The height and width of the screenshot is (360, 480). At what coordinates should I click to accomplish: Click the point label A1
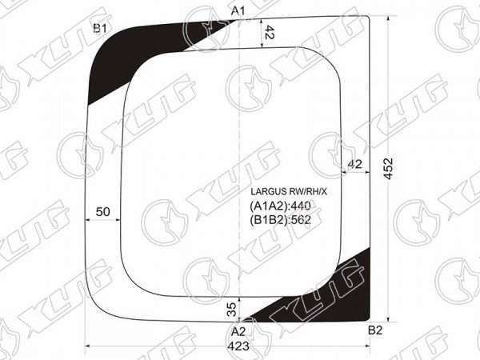[x=238, y=11]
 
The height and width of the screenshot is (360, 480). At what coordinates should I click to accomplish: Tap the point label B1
[x=100, y=29]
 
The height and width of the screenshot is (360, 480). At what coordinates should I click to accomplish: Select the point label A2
[x=238, y=332]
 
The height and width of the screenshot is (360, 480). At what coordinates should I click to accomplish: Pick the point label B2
[x=375, y=330]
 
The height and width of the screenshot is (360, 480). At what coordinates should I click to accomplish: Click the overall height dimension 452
[x=389, y=168]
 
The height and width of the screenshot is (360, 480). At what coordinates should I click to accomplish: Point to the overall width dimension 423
[x=238, y=346]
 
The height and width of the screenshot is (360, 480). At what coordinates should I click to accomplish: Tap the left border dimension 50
[x=102, y=211]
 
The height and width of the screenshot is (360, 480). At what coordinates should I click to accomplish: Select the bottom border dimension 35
[x=233, y=309]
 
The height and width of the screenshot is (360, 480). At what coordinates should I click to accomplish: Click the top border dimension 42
[x=269, y=32]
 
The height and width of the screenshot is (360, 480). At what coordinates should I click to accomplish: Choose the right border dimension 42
[x=354, y=164]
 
